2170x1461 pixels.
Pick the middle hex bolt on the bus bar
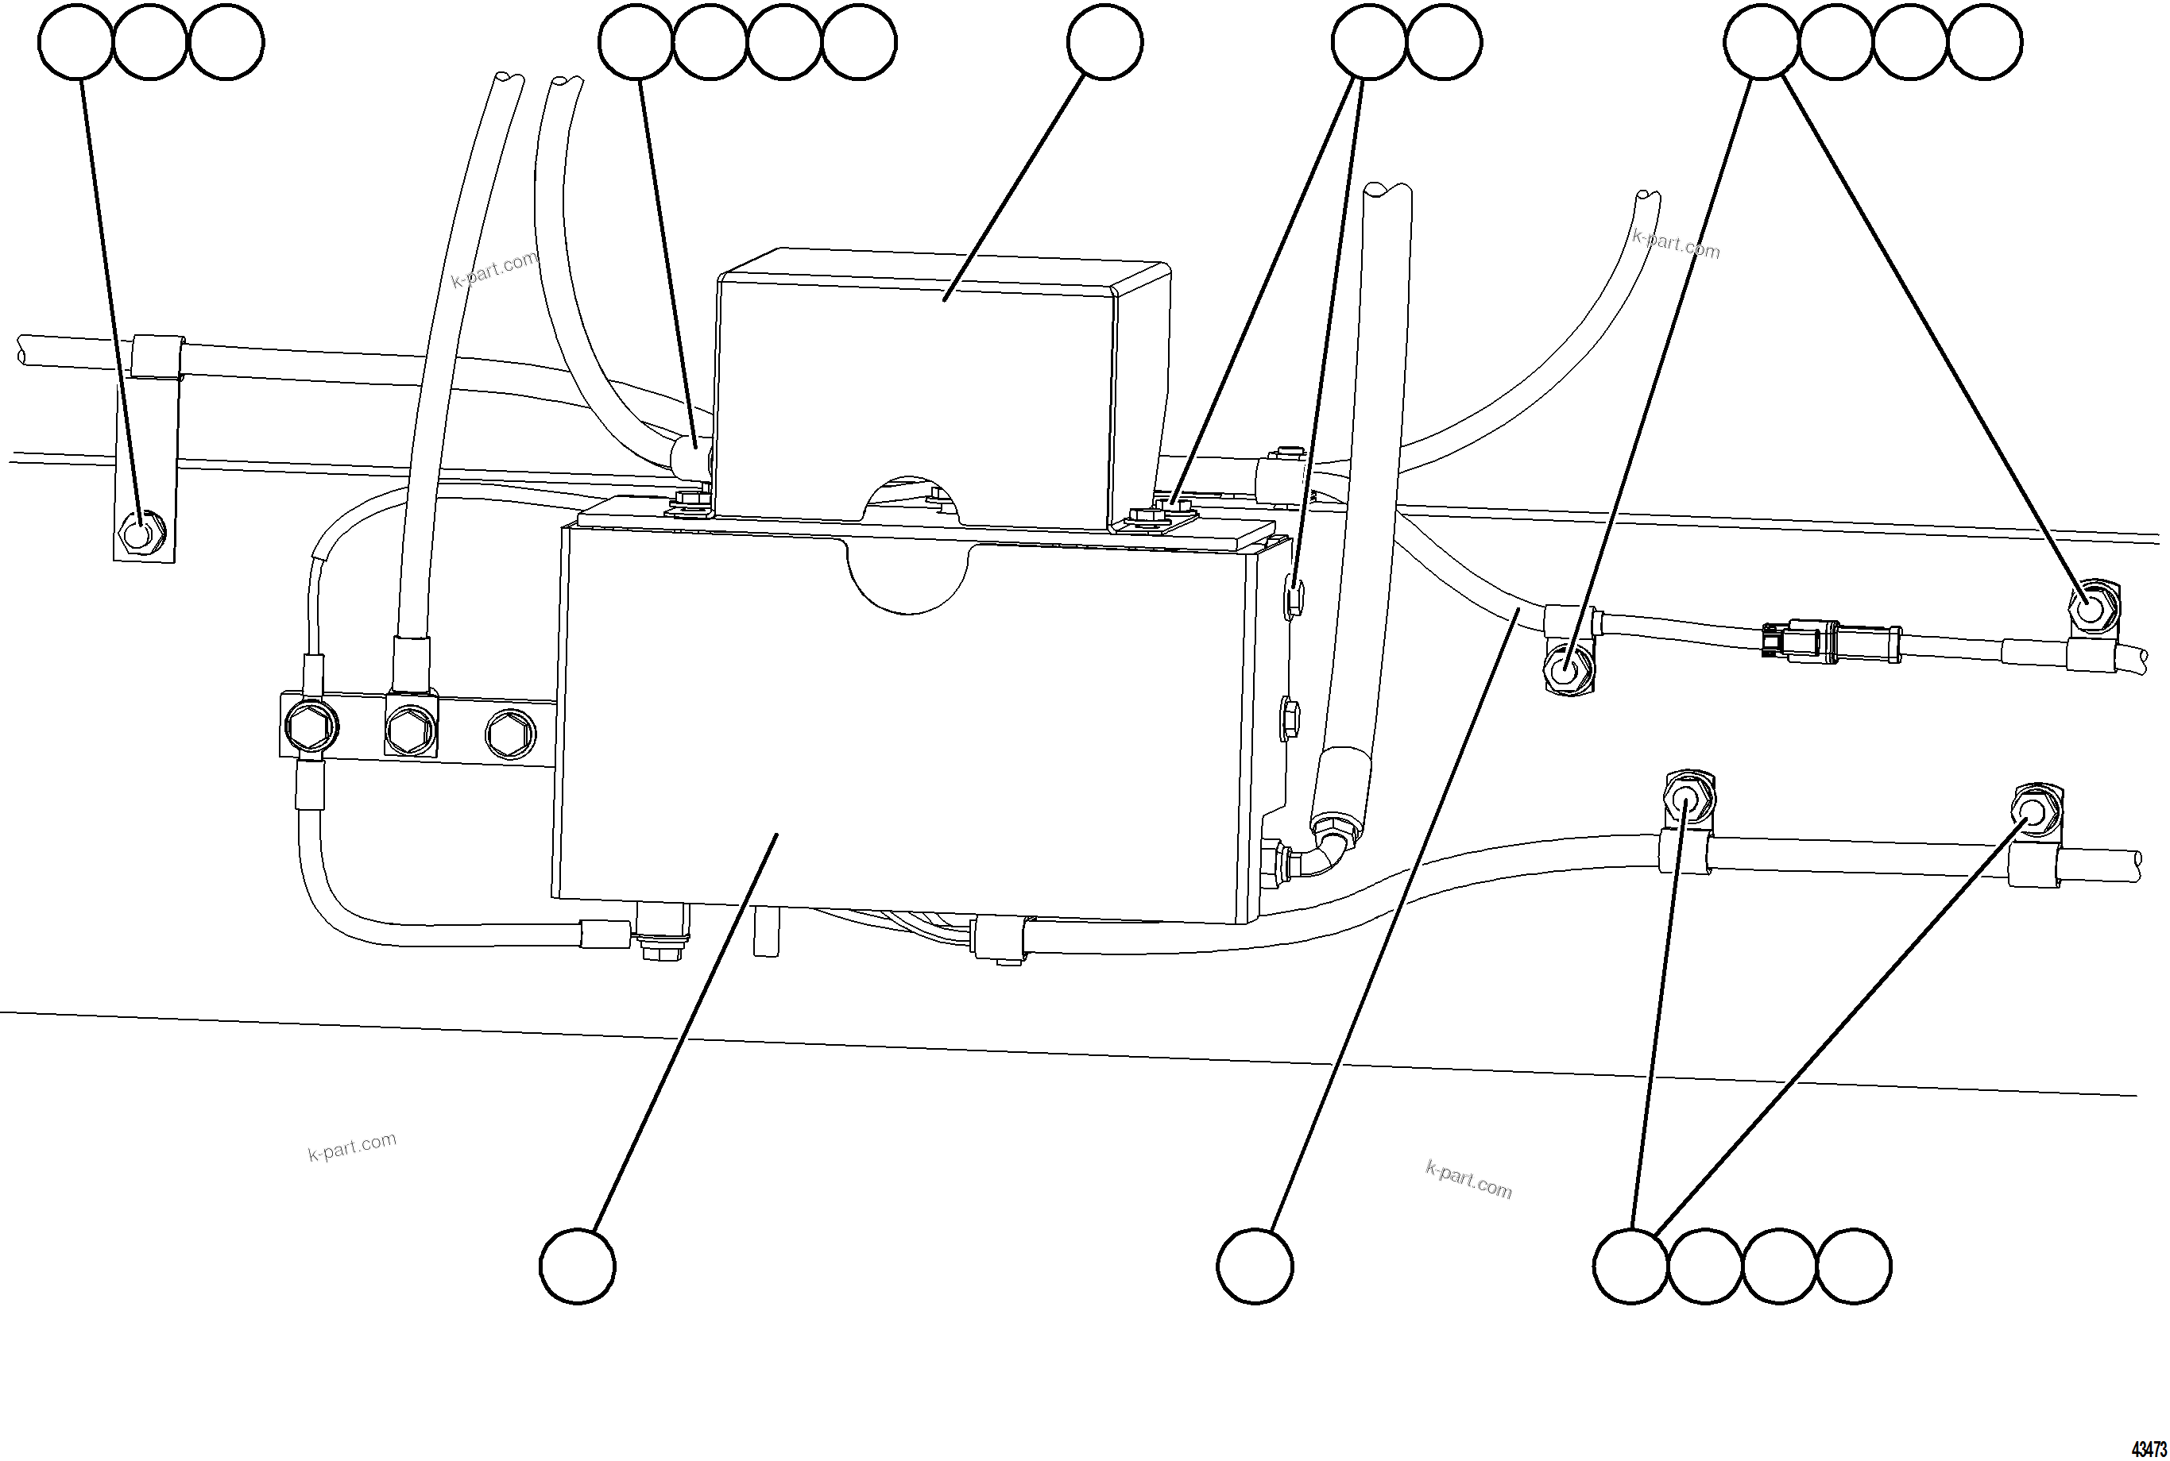point(410,727)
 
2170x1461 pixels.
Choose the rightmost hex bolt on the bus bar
point(511,735)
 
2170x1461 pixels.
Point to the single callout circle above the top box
point(1104,42)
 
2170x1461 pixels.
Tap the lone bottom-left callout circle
point(577,1266)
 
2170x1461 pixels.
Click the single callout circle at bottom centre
point(1255,1266)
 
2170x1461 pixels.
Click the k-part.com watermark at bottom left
point(352,1146)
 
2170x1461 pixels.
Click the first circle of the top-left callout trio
point(76,42)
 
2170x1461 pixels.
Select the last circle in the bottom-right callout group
point(1853,1266)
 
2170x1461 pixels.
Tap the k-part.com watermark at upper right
point(1675,244)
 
